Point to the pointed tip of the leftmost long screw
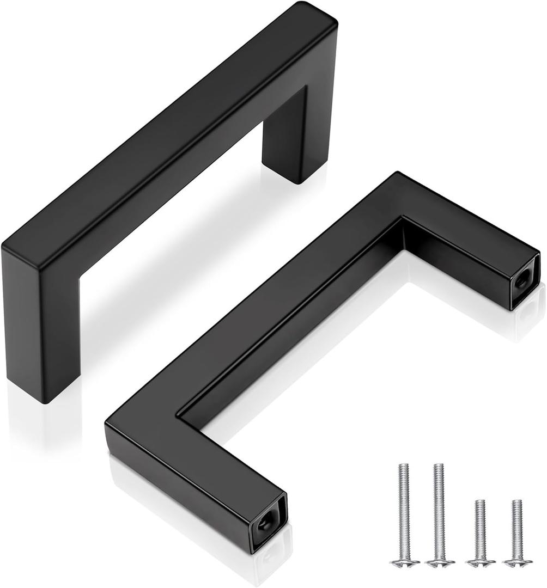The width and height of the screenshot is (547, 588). point(403,465)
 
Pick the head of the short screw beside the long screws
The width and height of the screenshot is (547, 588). point(480,562)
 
